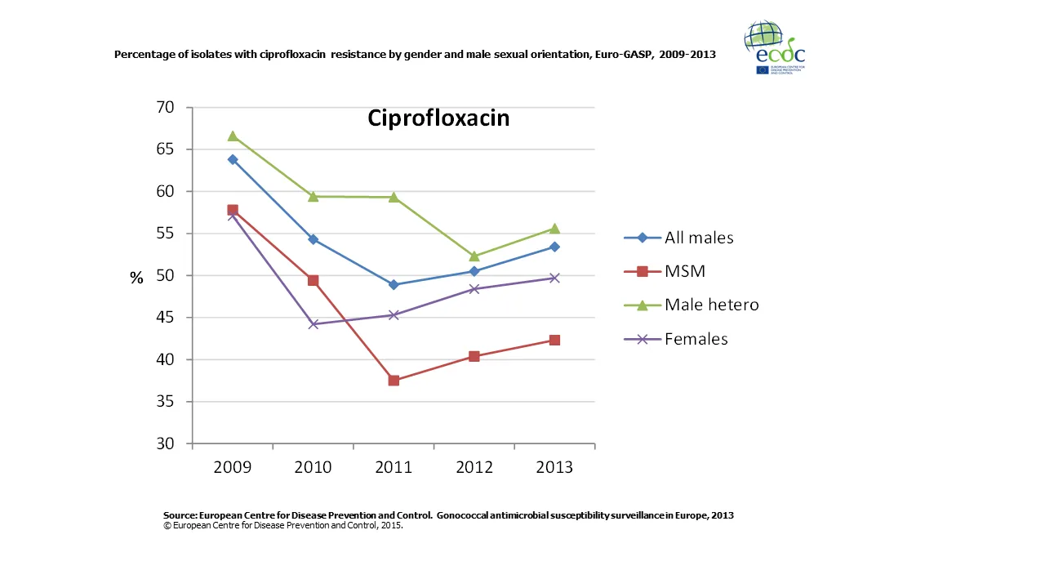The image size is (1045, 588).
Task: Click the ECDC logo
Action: click(774, 47)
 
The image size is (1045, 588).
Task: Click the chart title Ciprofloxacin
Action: click(438, 118)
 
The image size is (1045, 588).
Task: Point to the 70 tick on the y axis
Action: click(165, 107)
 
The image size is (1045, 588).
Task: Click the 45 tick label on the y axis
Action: click(165, 318)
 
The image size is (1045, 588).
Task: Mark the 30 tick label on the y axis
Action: click(165, 443)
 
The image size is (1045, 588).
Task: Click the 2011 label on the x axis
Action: click(394, 468)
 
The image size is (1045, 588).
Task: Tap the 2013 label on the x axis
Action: click(554, 468)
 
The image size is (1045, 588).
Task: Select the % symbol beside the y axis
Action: click(136, 278)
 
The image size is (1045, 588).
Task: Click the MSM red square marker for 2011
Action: click(394, 381)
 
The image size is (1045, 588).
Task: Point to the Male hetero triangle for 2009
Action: click(233, 136)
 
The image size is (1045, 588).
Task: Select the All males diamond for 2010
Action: click(313, 239)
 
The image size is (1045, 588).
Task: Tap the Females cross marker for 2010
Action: click(313, 324)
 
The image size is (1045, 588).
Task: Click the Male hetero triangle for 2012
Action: click(474, 256)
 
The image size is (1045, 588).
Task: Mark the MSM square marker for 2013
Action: click(554, 340)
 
